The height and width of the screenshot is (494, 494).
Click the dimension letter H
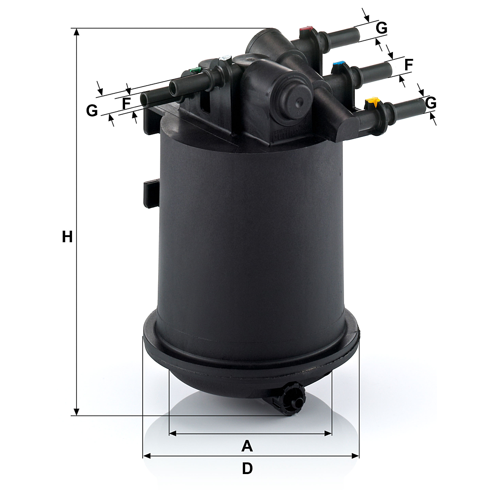point(67,237)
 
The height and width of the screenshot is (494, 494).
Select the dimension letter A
point(247,446)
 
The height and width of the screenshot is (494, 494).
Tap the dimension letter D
point(247,469)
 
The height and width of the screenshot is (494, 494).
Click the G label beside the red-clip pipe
point(382,28)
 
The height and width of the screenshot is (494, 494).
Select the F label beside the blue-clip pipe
point(408,65)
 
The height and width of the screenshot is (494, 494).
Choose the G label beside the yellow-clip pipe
point(431,103)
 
